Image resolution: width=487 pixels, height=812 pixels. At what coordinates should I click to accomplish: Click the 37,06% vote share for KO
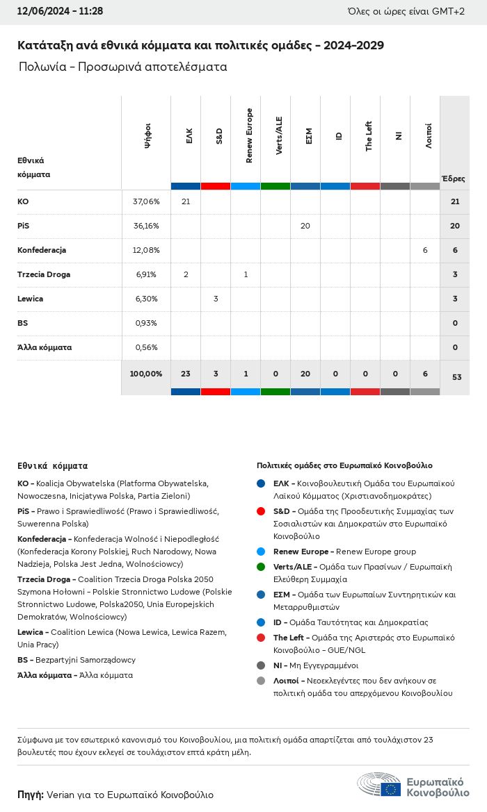click(x=146, y=201)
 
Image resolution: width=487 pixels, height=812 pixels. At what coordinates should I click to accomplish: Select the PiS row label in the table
click(x=24, y=226)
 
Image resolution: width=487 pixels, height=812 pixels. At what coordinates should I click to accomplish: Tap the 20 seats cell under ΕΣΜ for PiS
click(x=305, y=226)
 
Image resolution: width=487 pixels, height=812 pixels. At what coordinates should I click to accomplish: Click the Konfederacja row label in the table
click(x=42, y=250)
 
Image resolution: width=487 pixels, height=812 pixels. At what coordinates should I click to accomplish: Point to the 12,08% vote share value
click(x=146, y=250)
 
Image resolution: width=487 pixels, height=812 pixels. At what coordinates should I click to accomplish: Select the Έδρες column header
click(x=454, y=179)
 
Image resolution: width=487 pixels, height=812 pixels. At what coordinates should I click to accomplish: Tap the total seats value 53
click(x=456, y=377)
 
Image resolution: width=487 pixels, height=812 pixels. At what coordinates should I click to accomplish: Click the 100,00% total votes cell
click(x=146, y=374)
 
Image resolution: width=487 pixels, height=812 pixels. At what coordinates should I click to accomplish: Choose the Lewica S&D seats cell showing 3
click(x=216, y=299)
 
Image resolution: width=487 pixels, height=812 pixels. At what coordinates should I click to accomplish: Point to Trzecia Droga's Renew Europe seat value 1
click(x=246, y=274)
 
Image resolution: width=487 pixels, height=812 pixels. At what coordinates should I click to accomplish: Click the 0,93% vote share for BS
click(x=146, y=323)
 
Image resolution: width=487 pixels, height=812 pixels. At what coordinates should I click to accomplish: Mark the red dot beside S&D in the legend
click(x=261, y=511)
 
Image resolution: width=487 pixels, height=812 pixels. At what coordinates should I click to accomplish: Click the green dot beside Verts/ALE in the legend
click(x=261, y=567)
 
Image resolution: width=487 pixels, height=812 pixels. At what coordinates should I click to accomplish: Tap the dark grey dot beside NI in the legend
click(x=261, y=665)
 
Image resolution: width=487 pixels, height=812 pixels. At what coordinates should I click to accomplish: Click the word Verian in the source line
click(x=61, y=795)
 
